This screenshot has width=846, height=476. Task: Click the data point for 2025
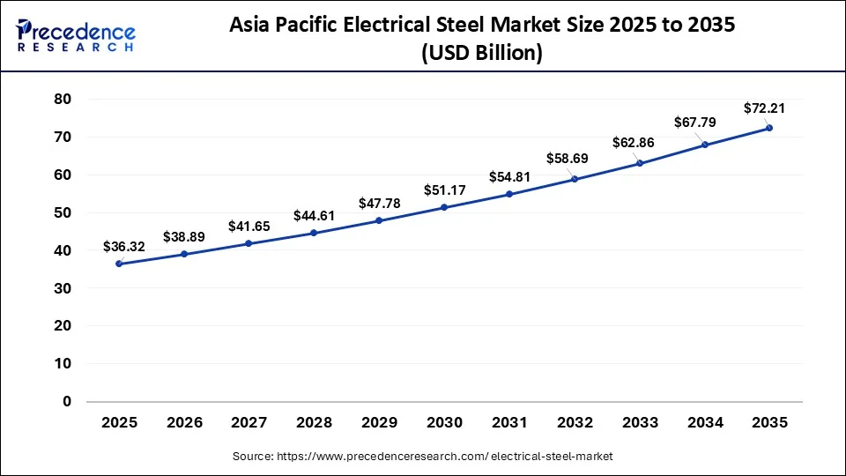119,264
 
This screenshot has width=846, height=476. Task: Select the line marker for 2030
444,207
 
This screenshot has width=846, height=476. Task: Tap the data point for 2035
769,128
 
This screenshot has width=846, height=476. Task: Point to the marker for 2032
575,179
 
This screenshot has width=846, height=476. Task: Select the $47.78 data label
379,204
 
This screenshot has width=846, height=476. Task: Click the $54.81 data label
509,177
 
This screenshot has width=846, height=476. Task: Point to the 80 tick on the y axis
62,100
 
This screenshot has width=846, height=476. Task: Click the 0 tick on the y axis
67,402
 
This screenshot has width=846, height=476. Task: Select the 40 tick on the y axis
62,250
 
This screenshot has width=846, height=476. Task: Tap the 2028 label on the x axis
314,423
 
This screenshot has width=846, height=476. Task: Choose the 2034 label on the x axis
704,423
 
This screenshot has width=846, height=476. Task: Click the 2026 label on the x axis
184,423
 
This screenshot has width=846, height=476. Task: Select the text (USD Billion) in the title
482,53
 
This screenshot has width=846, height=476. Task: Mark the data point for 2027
249,243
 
